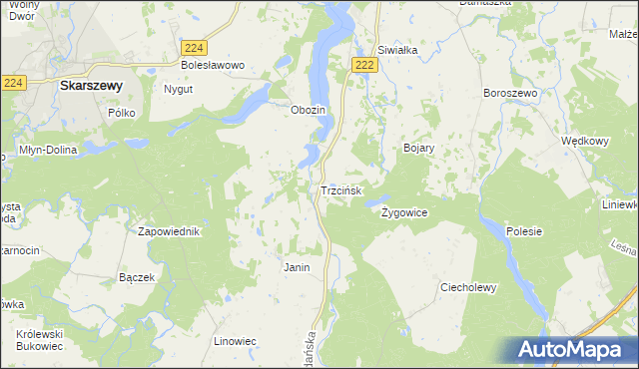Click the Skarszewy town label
pos(91,86)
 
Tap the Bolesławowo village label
pos(212,65)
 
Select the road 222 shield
pos(365,65)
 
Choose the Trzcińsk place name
pos(346,189)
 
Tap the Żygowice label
pos(404,212)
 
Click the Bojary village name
pos(418,148)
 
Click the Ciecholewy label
pos(468,287)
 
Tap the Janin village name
pos(297,267)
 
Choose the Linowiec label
pos(236,341)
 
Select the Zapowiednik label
pos(169,231)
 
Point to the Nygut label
pos(177,89)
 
